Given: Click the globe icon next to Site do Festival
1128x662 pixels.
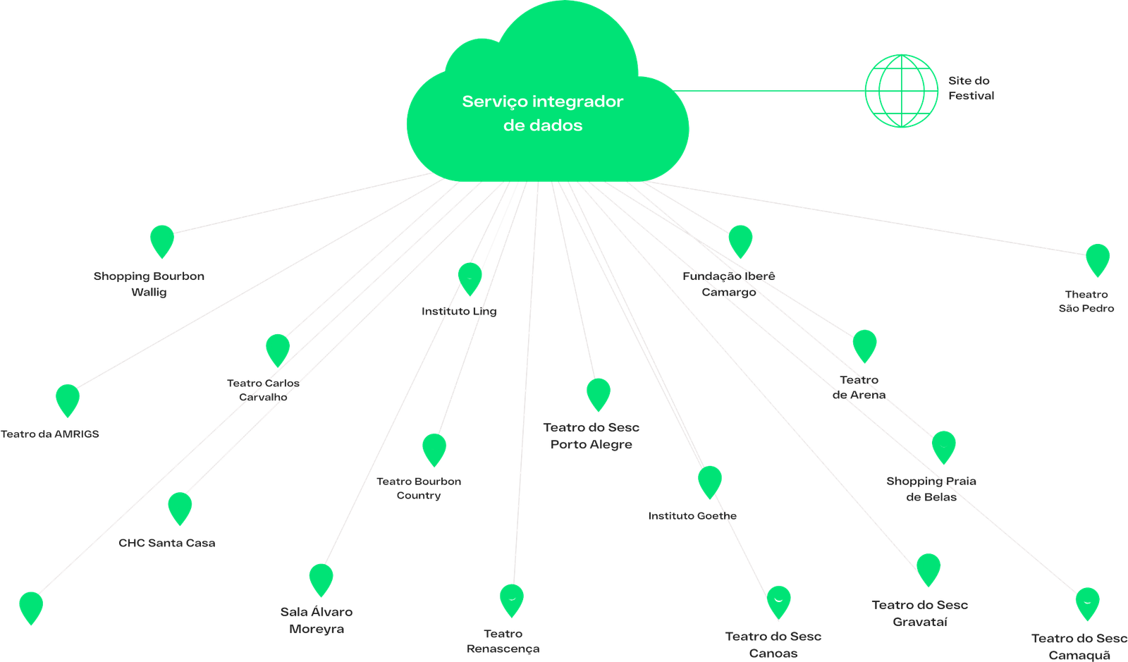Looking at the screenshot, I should coord(902,90).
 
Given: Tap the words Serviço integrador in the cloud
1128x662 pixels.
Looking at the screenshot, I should coord(542,102).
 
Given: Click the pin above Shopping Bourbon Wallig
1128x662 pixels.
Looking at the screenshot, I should coord(161,240).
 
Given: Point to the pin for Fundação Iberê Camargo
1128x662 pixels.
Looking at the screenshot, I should coord(740,240).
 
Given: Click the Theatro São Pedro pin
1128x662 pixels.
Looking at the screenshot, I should coord(1097,258).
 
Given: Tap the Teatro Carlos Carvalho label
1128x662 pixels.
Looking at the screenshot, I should coord(263,390).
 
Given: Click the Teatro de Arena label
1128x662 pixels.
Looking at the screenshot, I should coord(859,388).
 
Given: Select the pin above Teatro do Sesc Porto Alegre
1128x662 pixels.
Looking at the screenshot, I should coord(597,393).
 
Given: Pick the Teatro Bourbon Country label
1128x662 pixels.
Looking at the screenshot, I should coord(419,489).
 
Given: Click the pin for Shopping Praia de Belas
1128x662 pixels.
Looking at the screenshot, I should coord(943,446).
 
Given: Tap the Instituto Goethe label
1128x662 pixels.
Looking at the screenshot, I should coord(692,516).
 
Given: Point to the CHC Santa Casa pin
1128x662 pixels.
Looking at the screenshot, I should coord(180,507).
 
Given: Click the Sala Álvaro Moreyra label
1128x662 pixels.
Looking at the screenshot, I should coord(317,620).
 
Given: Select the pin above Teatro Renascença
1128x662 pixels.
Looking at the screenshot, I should coord(511,599).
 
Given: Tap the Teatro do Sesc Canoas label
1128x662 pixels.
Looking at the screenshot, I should coord(773,644).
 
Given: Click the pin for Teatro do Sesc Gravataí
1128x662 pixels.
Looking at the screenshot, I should coord(928,568).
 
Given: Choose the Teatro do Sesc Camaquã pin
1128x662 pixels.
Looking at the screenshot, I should coord(1087,603).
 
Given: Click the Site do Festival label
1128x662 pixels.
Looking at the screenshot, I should coord(971,88).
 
